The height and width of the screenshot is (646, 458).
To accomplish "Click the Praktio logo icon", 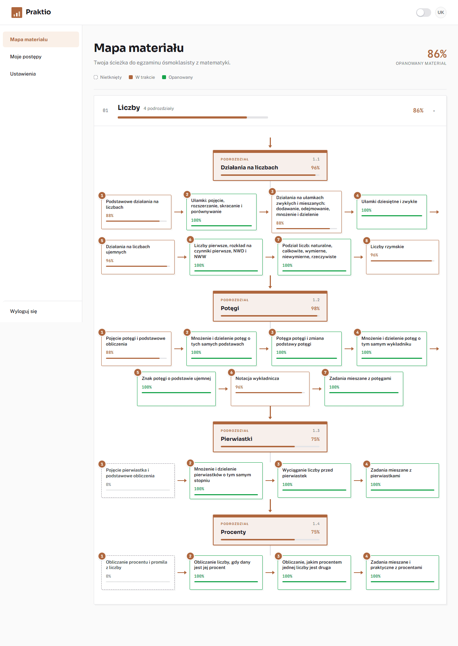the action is coord(17,13).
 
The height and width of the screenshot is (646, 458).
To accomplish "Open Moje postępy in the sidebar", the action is coord(26,57).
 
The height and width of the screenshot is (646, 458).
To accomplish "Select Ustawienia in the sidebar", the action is coord(23,74).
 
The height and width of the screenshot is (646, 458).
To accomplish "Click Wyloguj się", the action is coord(24,311).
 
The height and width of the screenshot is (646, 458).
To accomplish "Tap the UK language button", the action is coord(441,13).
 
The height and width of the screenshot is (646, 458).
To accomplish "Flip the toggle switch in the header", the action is coord(424,13).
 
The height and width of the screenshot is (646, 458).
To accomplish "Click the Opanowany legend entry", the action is coord(177,77).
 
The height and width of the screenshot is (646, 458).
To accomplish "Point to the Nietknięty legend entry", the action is coord(108,77).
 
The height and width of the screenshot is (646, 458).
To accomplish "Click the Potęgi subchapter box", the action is coord(270,306).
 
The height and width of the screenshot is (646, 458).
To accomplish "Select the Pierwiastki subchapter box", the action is coord(270,437).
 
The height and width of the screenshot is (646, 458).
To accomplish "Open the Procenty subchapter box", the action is coord(270,530).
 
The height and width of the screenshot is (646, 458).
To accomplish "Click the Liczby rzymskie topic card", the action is coord(403,257).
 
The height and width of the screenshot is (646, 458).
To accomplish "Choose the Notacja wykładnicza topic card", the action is coord(270,389).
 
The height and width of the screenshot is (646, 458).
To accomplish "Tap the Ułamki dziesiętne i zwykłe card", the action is coord(392,212).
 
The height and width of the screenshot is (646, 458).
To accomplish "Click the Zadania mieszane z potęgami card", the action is coord(364,389).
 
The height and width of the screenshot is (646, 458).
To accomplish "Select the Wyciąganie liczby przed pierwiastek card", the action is coord(314,481).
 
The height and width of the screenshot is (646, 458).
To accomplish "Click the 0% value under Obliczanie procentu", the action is coord(108,576).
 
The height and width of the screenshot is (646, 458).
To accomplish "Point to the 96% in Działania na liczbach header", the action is coord(315,168).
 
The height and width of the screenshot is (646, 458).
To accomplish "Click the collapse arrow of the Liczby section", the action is coord(434,111).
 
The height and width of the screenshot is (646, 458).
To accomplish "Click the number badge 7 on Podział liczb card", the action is coord(278,240).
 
